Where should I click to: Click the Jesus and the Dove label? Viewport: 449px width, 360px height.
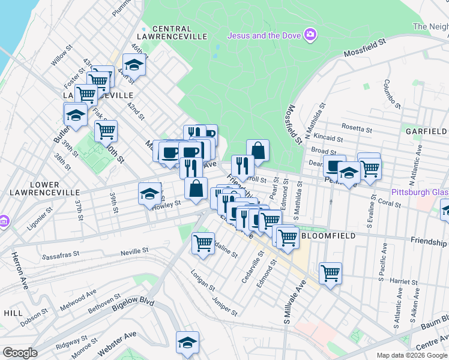[264, 34]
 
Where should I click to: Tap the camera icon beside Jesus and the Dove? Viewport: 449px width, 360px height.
[310, 34]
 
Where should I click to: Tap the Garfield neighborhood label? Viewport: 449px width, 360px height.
[426, 131]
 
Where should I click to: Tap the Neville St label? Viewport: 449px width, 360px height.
[134, 251]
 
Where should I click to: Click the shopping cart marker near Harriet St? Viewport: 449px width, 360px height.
[331, 274]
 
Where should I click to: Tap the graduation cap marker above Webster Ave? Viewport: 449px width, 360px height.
[187, 343]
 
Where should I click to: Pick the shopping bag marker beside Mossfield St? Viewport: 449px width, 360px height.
[258, 151]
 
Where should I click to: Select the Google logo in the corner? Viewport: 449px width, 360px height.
[20, 353]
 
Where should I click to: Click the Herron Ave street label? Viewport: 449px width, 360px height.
[17, 270]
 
